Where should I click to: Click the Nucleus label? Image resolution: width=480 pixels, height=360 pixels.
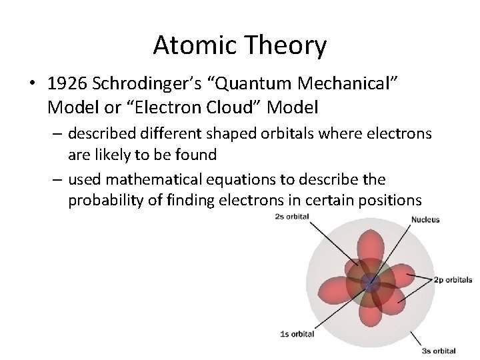(425, 219)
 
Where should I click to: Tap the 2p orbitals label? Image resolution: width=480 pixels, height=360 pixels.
(453, 281)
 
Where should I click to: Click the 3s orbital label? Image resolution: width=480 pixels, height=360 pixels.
(439, 351)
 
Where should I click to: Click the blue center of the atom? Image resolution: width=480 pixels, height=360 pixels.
(369, 283)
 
